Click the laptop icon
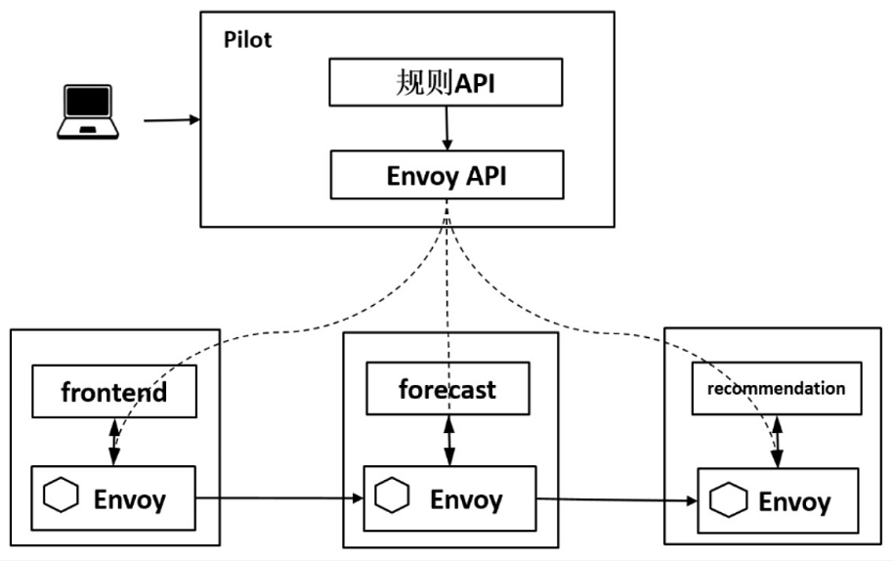[x=87, y=111]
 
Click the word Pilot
[x=248, y=40]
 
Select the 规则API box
[x=445, y=83]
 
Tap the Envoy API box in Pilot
[x=447, y=177]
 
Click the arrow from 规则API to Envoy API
[x=447, y=128]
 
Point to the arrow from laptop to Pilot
[x=172, y=120]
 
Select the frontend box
[x=114, y=393]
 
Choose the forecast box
[x=447, y=389]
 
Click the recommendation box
[x=776, y=388]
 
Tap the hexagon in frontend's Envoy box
[x=61, y=497]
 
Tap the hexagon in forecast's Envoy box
[x=394, y=497]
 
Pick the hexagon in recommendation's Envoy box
[x=727, y=500]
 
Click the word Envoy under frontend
[x=130, y=499]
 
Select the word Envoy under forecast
[x=466, y=500]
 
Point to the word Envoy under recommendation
[x=794, y=502]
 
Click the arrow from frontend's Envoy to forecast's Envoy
[x=279, y=499]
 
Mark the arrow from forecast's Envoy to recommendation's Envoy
[x=617, y=501]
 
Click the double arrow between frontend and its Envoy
[x=114, y=442]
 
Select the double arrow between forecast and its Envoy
[x=448, y=441]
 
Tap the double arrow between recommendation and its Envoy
[x=777, y=442]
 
